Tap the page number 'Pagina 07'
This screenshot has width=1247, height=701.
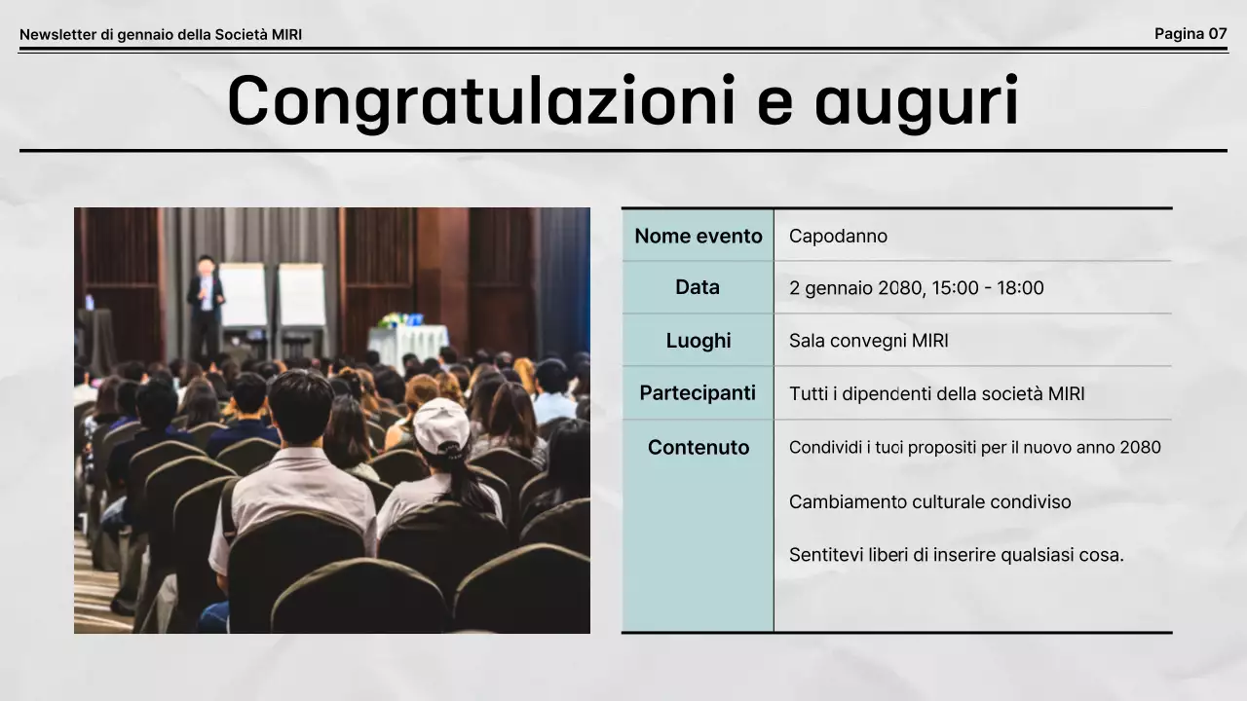click(1190, 34)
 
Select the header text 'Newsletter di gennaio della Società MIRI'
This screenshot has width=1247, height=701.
click(161, 35)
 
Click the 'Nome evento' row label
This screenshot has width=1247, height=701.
click(698, 236)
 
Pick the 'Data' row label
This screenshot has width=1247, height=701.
click(698, 287)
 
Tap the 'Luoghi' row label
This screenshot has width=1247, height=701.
click(698, 341)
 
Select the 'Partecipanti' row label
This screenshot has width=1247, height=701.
click(698, 393)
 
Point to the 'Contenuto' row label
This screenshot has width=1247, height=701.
click(698, 448)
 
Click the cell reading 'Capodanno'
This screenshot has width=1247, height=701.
click(838, 237)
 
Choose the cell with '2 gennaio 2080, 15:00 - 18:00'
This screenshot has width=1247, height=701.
click(916, 288)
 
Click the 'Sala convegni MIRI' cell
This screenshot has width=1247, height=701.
click(868, 341)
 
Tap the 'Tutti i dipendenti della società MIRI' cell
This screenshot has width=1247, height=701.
click(936, 394)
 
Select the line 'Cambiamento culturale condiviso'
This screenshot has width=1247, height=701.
click(929, 502)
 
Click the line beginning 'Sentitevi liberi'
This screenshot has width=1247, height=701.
click(956, 556)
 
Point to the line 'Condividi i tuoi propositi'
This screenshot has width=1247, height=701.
click(974, 448)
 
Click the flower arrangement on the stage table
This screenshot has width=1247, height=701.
click(394, 319)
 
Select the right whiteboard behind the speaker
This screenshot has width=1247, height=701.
click(302, 294)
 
